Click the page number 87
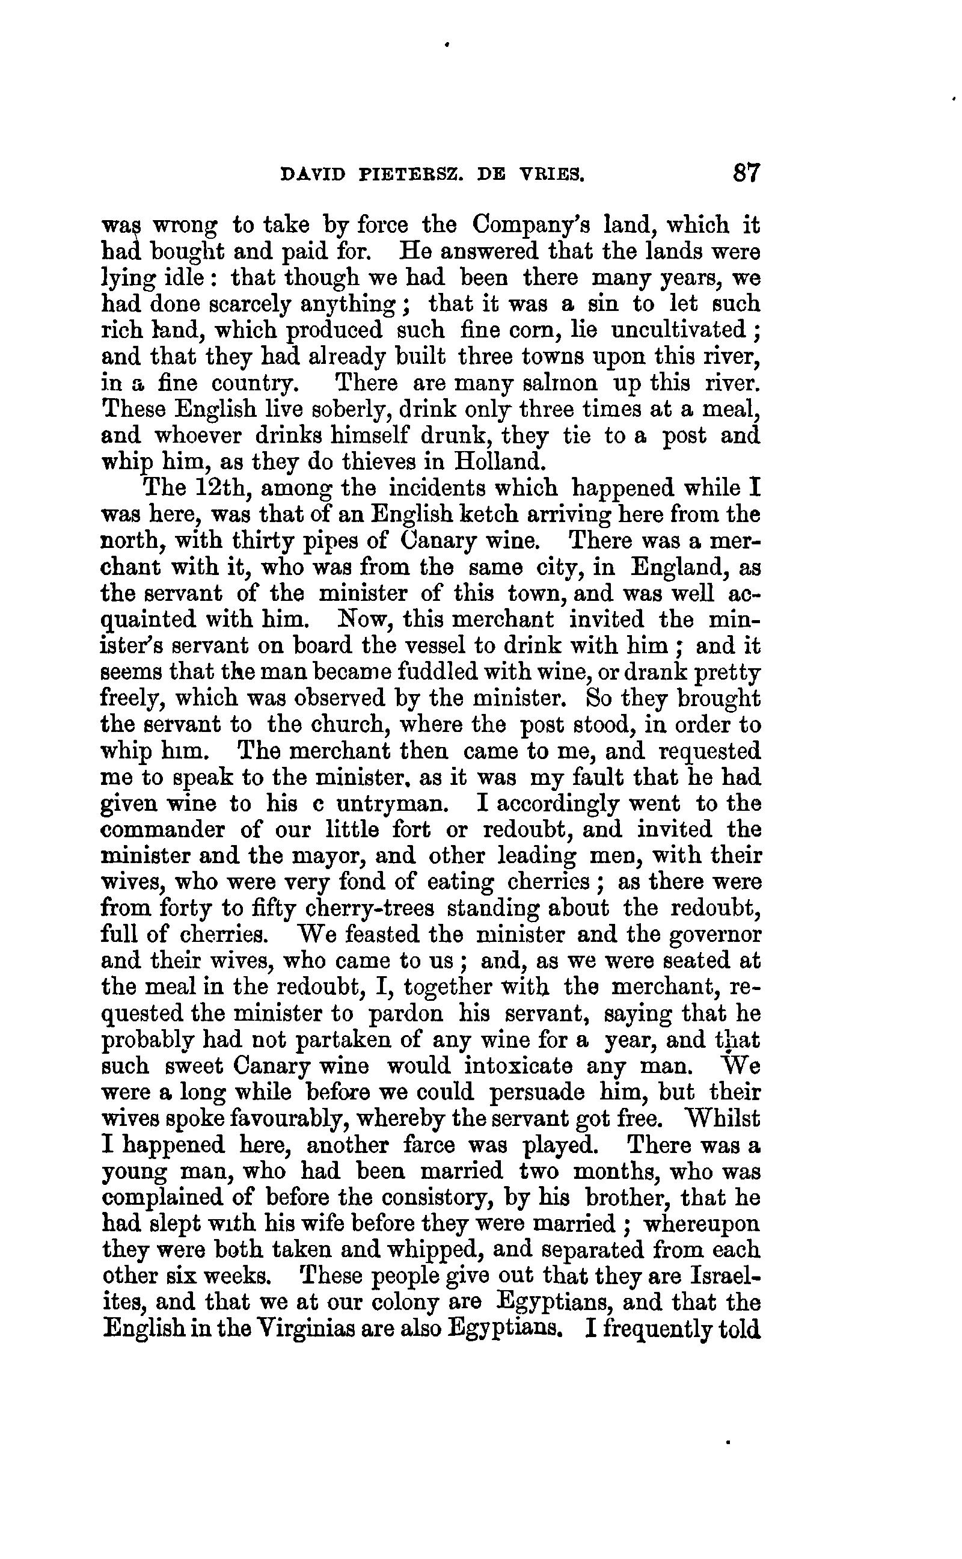pos(746,173)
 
